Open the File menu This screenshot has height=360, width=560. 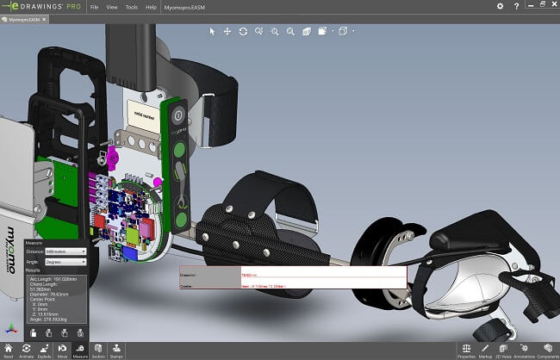94,6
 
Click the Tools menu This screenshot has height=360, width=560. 131,6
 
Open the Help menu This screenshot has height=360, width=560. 152,6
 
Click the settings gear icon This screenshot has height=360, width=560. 501,6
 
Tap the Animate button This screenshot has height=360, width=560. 27,349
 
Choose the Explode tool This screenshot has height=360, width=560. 45,349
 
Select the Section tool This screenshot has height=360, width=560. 98,349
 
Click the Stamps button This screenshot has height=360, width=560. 116,349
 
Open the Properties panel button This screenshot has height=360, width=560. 466,349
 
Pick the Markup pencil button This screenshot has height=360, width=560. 486,349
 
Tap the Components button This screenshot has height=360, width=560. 548,349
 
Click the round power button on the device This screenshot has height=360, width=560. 177,115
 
